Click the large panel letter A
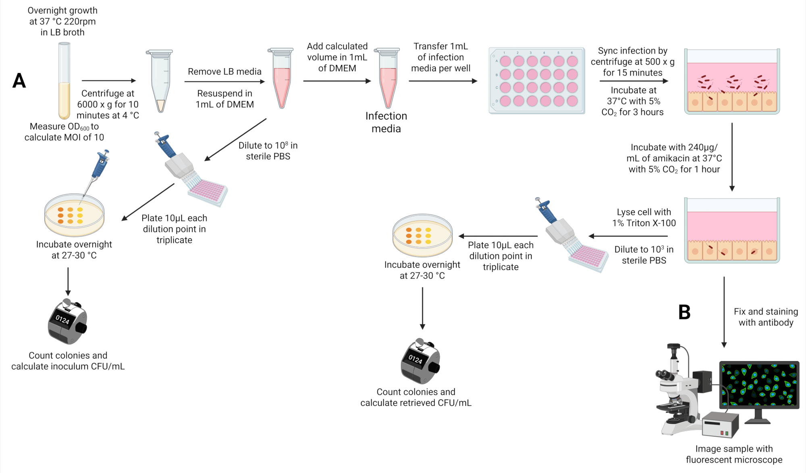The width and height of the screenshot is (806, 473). coord(19,81)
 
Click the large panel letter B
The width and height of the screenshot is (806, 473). coord(684,312)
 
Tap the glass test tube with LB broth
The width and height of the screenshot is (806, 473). coord(64,81)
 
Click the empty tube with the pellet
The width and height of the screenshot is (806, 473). coord(160,81)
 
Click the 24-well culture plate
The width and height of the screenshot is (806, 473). coord(537,81)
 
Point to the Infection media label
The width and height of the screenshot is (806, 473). coord(386,122)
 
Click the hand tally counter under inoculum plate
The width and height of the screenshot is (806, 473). coord(67,321)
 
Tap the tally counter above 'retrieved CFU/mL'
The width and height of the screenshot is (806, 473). coord(420,361)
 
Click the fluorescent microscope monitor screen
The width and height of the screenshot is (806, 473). coord(759,385)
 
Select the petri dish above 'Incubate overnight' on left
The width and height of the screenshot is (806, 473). coord(74,215)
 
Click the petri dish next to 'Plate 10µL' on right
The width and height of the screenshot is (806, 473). coord(423,235)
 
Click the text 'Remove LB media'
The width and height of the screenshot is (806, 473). coord(224,71)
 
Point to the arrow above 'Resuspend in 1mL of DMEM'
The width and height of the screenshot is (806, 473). coord(224,81)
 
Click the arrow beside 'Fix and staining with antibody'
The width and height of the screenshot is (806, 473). coord(724,312)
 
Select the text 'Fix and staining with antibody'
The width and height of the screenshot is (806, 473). coord(766,317)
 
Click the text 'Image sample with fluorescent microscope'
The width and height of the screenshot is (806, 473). coord(734,454)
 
